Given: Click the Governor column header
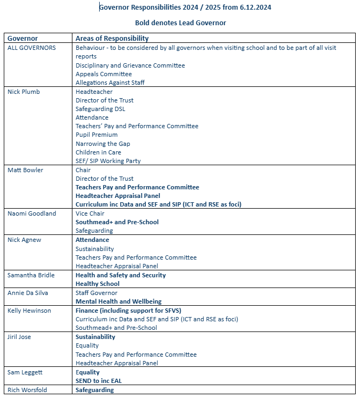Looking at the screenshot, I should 22,39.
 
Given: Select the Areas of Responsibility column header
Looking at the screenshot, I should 112,39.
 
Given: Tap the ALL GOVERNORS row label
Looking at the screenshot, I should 31,48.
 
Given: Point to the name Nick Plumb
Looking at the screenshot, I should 24,92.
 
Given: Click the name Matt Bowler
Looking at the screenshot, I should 25,170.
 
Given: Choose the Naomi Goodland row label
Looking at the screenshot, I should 32,213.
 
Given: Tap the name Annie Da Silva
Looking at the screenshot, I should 28,293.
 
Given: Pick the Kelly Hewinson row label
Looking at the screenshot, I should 30,311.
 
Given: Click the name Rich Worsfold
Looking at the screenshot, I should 27,390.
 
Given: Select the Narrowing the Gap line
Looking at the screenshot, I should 102,144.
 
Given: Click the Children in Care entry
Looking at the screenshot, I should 98,152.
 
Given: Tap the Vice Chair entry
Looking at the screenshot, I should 90,213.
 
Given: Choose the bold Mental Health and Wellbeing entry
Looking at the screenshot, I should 119,301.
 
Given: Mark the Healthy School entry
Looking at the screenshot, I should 98,284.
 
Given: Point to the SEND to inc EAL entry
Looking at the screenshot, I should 102,381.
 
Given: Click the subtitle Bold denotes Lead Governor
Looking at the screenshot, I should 180,23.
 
